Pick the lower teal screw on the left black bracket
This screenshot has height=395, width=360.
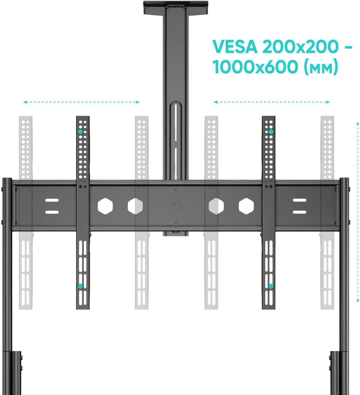[x=80, y=286]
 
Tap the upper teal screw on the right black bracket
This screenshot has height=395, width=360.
[x=270, y=132]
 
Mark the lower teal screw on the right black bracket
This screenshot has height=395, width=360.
[x=270, y=286]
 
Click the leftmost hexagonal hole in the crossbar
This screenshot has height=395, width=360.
[x=105, y=206]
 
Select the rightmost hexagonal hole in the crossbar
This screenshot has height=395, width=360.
[x=246, y=206]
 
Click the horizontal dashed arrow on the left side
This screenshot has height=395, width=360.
[x=81, y=102]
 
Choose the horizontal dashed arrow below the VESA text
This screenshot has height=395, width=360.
[x=272, y=102]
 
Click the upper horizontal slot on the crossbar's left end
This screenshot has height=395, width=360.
[x=52, y=200]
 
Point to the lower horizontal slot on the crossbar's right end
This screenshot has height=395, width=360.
[x=299, y=212]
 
